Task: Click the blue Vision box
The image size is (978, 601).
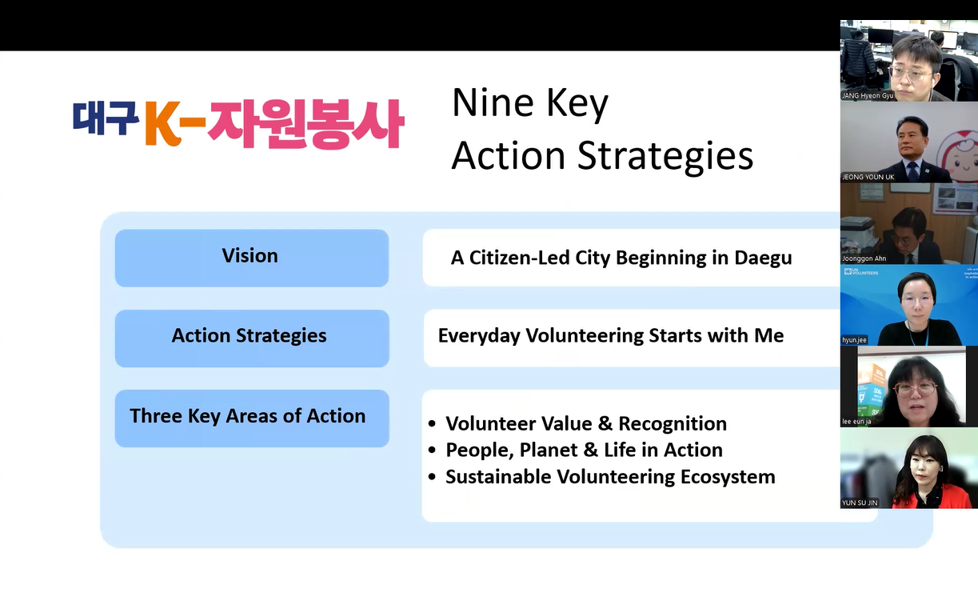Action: (252, 258)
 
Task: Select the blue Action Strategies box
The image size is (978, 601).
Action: (252, 338)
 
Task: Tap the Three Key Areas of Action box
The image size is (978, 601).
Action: (252, 418)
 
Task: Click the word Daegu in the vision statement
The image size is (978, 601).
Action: (763, 258)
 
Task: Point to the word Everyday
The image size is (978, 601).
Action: (479, 336)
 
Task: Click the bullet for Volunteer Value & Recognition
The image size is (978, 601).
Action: (433, 423)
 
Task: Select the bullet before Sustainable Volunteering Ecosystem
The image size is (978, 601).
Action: (433, 476)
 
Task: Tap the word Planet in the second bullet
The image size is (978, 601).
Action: (549, 450)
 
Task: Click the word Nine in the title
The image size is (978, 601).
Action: (493, 103)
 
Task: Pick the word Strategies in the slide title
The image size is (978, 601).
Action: (665, 157)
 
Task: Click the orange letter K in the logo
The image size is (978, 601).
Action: (162, 123)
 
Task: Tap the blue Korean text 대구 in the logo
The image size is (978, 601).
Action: (106, 118)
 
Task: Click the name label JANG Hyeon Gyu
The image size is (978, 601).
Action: (868, 96)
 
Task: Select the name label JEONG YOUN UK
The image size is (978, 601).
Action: (868, 177)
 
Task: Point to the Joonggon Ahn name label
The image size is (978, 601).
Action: (864, 258)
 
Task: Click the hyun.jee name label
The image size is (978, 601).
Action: (854, 340)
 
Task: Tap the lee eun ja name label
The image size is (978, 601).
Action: (856, 422)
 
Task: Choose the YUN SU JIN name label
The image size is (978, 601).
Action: (859, 503)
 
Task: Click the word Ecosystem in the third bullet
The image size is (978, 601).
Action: (728, 477)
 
